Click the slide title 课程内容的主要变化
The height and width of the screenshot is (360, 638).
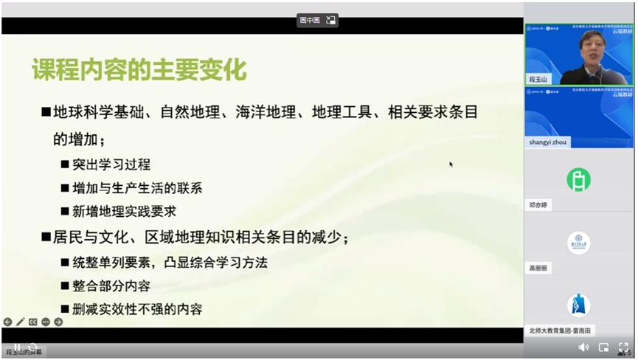pyautogui.click(x=139, y=70)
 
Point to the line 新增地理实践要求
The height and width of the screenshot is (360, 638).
pyautogui.click(x=125, y=211)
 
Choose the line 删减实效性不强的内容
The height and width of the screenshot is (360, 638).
pyautogui.click(x=137, y=309)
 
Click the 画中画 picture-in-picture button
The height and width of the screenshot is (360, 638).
pyautogui.click(x=317, y=20)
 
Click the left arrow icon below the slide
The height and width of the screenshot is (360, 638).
pyautogui.click(x=8, y=322)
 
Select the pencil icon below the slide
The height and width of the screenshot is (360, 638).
pyautogui.click(x=21, y=322)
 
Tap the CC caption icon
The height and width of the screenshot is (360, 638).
pyautogui.click(x=33, y=322)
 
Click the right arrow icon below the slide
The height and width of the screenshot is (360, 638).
pyautogui.click(x=58, y=322)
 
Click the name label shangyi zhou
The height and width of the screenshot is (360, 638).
pyautogui.click(x=548, y=142)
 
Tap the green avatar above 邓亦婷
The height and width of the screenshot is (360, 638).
pyautogui.click(x=578, y=179)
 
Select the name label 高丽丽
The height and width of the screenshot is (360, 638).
pyautogui.click(x=540, y=268)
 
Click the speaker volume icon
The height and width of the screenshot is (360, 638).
pyautogui.click(x=583, y=347)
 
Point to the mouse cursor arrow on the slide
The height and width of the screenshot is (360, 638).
pyautogui.click(x=451, y=164)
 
